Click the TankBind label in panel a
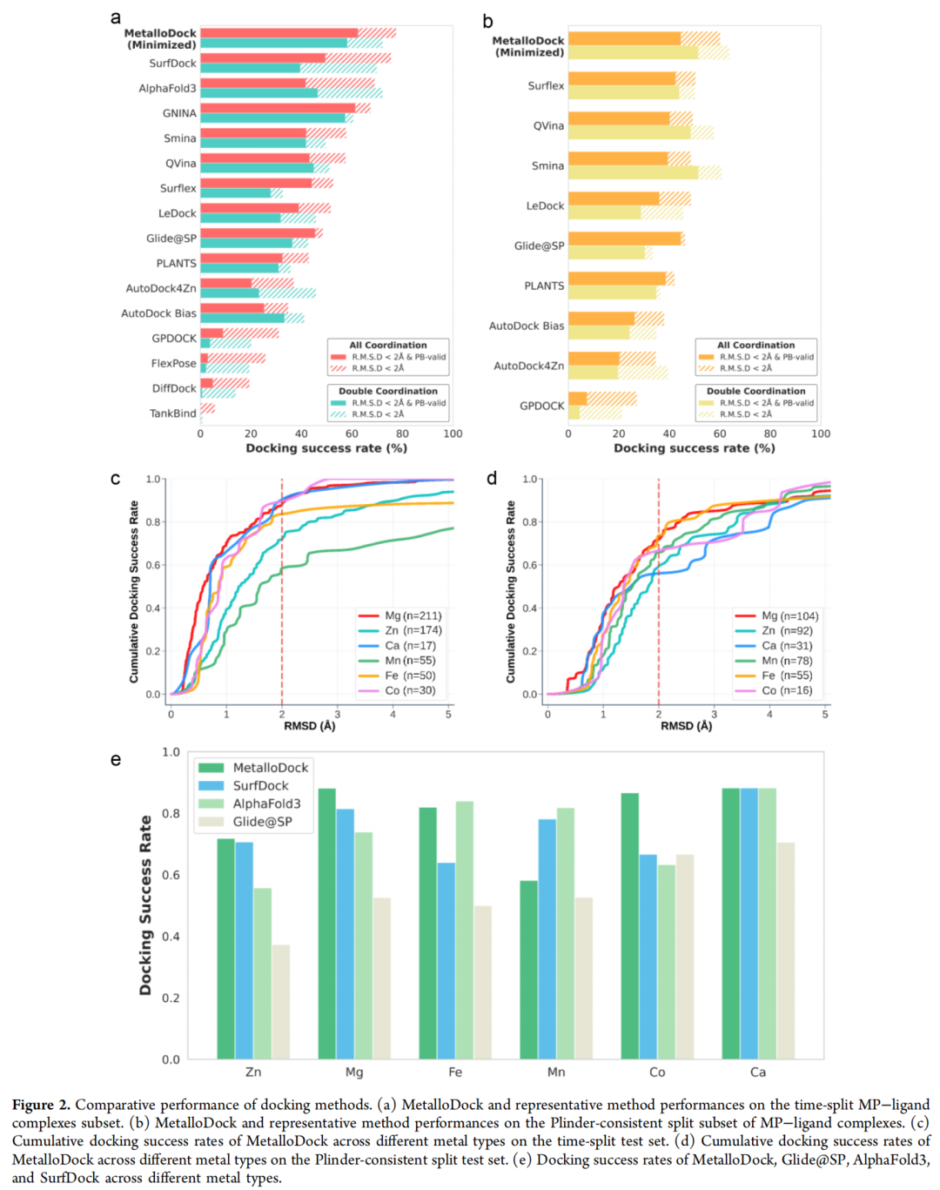pos(172,413)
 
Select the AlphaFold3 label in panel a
pos(167,88)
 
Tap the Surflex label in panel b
pos(546,85)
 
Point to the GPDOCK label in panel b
pos(541,406)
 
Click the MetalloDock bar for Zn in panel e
pos(225,949)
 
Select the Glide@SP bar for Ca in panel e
pos(785,951)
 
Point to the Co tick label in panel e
pos(657,1072)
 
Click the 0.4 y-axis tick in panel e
pos(171,937)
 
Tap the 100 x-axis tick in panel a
pos(453,434)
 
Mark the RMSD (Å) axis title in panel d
pos(686,726)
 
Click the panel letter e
pos(116,760)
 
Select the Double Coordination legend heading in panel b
pos(755,391)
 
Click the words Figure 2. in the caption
pos(41,1105)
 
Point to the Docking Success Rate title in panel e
pos(145,905)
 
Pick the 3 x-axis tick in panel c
pos(338,715)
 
